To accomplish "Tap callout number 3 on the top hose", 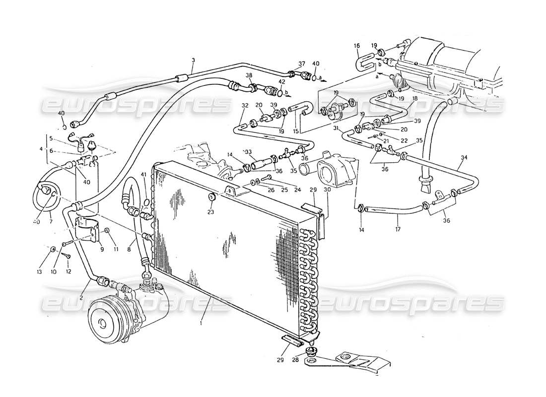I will tap(193, 61).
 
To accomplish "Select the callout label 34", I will tap(464, 158).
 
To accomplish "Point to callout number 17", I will tap(397, 229).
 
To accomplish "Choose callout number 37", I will tap(301, 64).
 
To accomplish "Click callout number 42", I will tap(281, 81).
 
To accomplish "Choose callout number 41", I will tap(143, 174).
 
